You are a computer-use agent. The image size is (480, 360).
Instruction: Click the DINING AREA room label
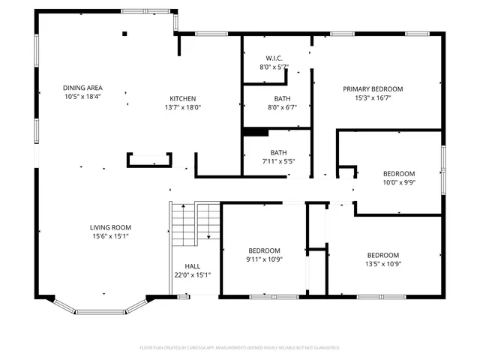tap(82, 88)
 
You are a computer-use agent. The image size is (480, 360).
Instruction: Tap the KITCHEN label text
tap(182, 98)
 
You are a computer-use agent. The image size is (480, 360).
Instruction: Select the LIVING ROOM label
tap(111, 227)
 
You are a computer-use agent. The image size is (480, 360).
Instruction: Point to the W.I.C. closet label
tap(274, 58)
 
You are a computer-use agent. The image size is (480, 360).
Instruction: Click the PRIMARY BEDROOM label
tap(373, 88)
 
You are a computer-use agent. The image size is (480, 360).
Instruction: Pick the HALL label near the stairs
tap(193, 266)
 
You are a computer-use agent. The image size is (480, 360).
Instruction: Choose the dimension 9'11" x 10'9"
tap(264, 259)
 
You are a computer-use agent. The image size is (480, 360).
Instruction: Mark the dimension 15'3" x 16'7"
tap(373, 97)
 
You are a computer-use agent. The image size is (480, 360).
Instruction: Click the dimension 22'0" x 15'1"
tap(193, 275)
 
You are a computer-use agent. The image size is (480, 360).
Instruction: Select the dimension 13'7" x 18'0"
tap(182, 107)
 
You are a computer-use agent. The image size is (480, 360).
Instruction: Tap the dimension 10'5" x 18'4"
tap(82, 97)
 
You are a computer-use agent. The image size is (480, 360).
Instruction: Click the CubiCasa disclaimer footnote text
tap(240, 348)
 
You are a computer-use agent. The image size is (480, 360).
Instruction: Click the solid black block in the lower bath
tap(256, 133)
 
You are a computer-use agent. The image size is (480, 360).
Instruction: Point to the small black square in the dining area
tap(125, 33)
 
